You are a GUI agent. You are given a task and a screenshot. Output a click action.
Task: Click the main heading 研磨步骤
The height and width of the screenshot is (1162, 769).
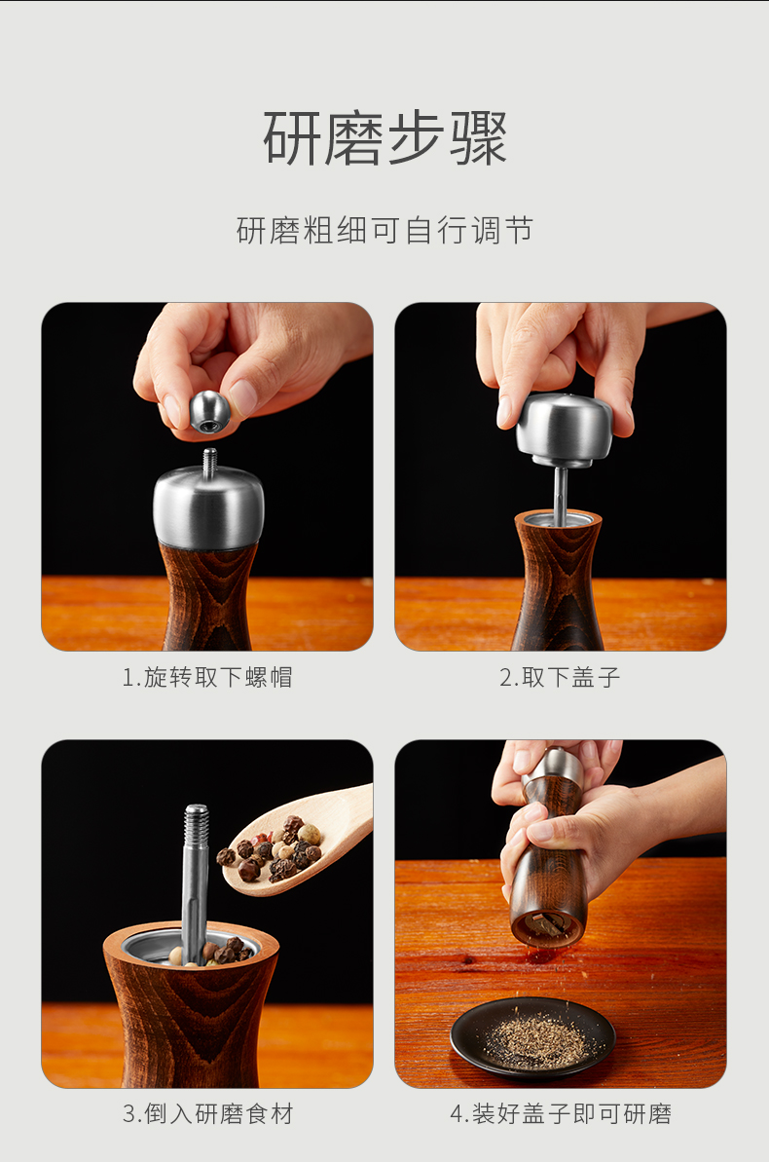click(384, 138)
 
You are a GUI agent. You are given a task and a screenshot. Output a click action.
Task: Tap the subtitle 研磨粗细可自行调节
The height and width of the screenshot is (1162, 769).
click(384, 231)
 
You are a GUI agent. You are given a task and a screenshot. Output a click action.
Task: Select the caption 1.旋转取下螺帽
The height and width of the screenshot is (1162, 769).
click(207, 677)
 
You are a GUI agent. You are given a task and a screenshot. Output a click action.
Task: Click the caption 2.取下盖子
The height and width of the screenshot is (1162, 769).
click(560, 677)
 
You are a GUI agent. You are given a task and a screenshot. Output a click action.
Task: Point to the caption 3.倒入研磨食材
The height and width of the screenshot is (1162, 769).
click(207, 1113)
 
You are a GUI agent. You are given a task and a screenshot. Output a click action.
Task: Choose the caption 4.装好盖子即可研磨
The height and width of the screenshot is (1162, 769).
click(561, 1113)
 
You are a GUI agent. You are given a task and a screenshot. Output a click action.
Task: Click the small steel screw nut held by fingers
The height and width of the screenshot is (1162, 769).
click(209, 411)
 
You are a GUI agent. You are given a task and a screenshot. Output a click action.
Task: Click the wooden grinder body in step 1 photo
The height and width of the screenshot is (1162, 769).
click(208, 596)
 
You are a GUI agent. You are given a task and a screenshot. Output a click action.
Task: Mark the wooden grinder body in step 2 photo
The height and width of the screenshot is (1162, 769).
click(559, 581)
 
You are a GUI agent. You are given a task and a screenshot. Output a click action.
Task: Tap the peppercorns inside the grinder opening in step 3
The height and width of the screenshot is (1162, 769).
click(211, 952)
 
